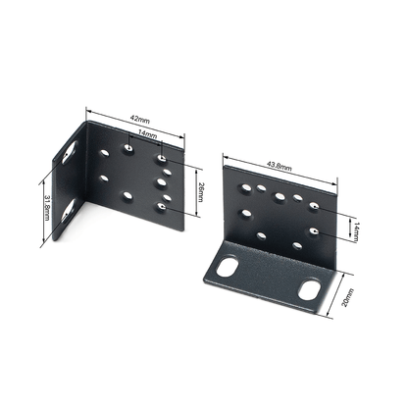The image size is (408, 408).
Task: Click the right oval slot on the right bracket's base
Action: [x=311, y=287]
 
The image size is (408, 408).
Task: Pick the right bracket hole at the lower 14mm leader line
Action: [x=312, y=232]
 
